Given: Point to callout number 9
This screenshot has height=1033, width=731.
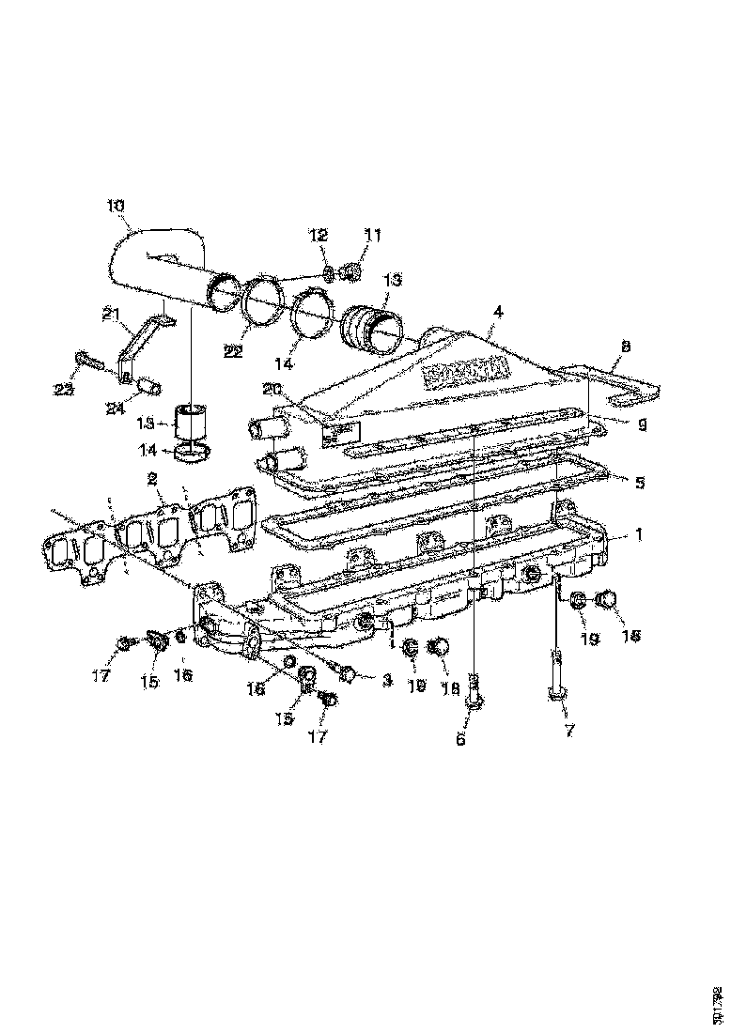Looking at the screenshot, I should click(x=642, y=424).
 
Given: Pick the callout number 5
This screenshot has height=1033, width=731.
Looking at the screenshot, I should click(x=639, y=484).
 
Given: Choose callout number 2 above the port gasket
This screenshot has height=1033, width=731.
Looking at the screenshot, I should click(x=151, y=478).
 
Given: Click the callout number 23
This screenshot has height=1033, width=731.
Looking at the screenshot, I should click(x=63, y=390).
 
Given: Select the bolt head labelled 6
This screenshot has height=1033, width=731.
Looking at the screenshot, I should click(x=475, y=702).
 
